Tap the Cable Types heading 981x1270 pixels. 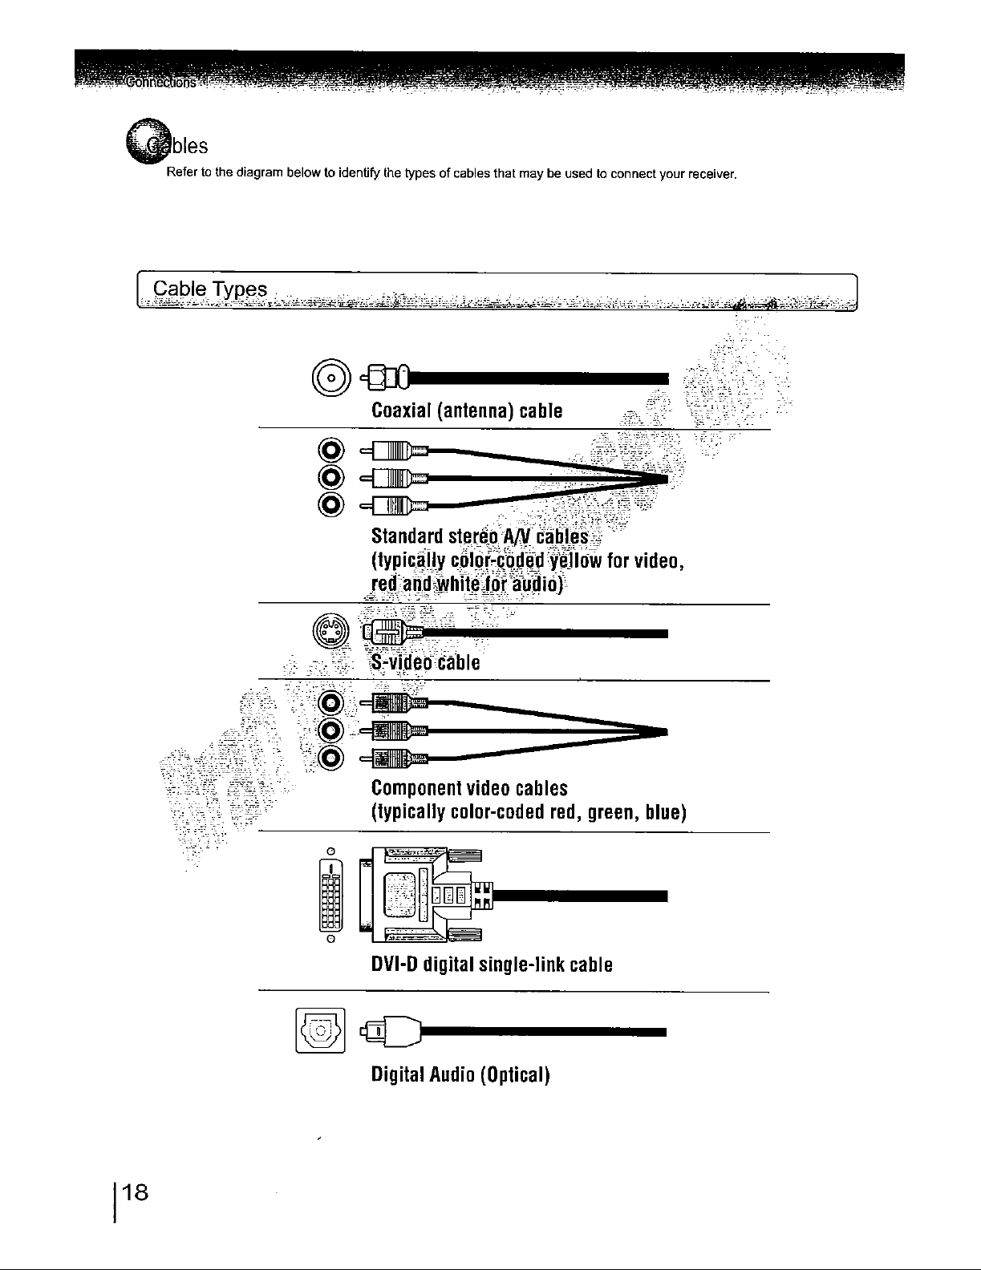click(x=210, y=289)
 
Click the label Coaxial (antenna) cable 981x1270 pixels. click(x=467, y=411)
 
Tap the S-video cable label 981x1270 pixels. click(x=426, y=663)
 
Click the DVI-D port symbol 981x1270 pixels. click(x=330, y=895)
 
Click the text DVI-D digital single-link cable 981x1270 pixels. click(x=492, y=965)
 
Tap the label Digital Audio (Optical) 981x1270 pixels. click(x=460, y=1074)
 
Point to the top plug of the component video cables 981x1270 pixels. click(x=393, y=705)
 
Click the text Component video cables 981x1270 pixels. click(x=469, y=788)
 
